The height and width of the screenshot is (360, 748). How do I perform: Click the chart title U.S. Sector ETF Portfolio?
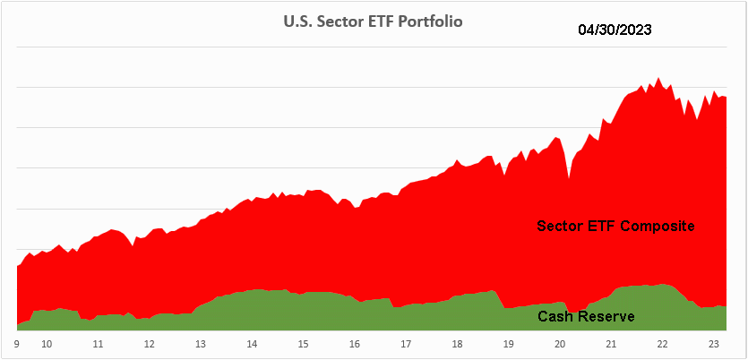tap(374, 21)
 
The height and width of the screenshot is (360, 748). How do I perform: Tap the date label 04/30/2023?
tap(615, 29)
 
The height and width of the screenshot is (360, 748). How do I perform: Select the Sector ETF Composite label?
tap(615, 225)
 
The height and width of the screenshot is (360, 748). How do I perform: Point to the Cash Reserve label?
tap(586, 316)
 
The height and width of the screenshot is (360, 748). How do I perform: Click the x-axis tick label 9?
tap(17, 343)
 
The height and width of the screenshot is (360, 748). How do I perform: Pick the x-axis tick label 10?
tap(47, 343)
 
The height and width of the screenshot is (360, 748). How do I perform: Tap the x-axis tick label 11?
tap(98, 343)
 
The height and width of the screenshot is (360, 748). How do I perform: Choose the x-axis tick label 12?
tap(149, 343)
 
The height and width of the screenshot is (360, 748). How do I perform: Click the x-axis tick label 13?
tap(201, 343)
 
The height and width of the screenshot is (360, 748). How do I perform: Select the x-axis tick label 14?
tap(252, 343)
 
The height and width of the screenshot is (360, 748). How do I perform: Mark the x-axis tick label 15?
tap(304, 343)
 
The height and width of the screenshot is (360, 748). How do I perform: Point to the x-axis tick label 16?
tap(355, 343)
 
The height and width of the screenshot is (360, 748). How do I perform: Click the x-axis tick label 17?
tap(406, 343)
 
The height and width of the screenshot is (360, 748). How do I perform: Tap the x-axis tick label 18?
tap(457, 343)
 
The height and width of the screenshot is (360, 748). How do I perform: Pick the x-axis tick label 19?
tap(508, 343)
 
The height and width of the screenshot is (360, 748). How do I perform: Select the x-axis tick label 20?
tap(560, 343)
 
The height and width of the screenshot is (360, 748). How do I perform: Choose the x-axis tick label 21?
tap(611, 343)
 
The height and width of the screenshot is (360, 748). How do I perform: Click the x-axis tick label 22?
tap(662, 343)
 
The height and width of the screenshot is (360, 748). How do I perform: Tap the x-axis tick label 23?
tap(713, 343)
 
